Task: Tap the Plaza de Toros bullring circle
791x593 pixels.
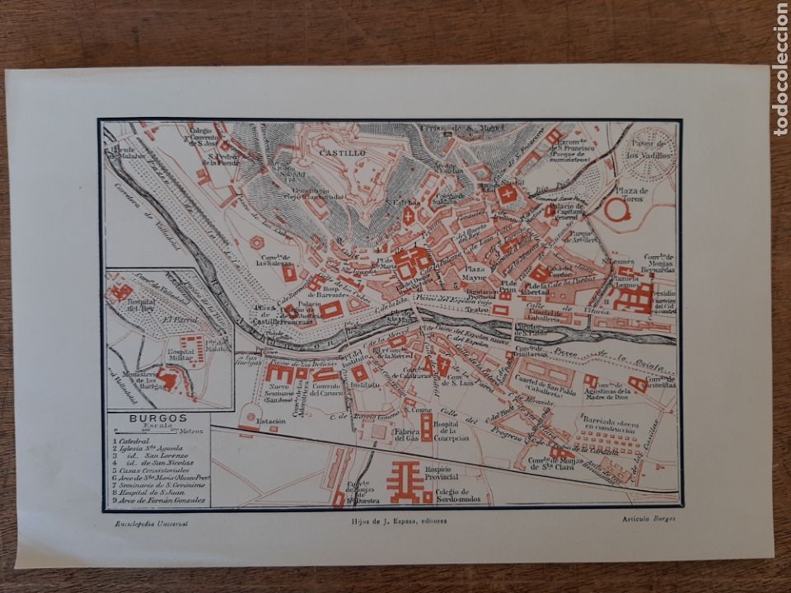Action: tap(615, 210)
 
